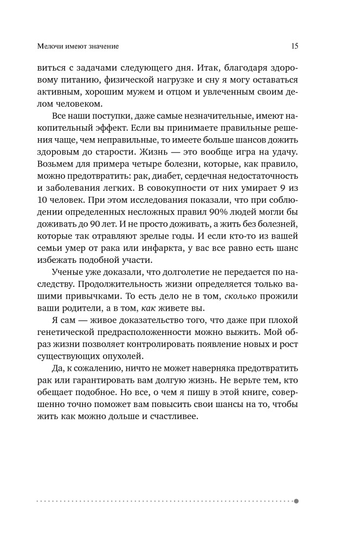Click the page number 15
pos(294,46)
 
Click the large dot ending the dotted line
pos(297,501)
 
